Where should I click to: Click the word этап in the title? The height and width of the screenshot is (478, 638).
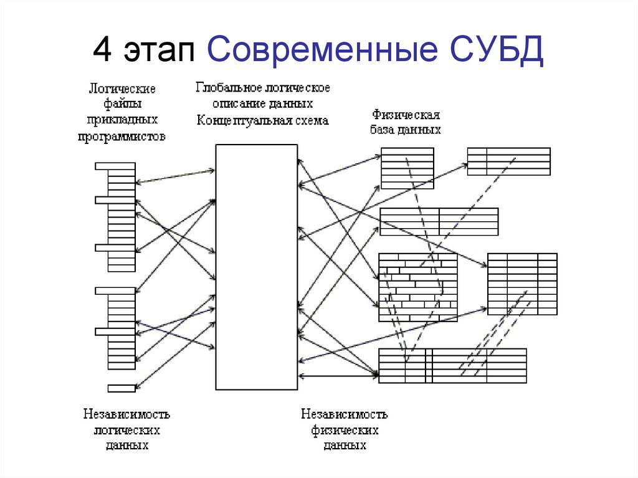click(x=159, y=51)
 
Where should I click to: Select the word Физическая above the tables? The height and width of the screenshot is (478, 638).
click(x=406, y=115)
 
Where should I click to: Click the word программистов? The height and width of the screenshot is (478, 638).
click(x=121, y=137)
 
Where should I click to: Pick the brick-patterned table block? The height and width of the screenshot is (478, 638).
click(x=417, y=287)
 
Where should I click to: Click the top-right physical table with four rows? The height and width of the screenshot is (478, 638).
click(x=508, y=161)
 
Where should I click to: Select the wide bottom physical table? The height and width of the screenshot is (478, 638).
click(x=452, y=366)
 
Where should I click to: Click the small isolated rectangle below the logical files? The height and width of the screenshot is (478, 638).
click(x=121, y=388)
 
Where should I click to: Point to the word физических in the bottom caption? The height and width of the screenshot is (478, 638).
click(x=345, y=431)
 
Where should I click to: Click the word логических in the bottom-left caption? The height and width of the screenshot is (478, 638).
click(x=127, y=431)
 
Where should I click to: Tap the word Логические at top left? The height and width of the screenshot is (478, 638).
click(x=121, y=88)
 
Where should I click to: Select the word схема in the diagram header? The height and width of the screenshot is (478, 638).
click(x=308, y=121)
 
